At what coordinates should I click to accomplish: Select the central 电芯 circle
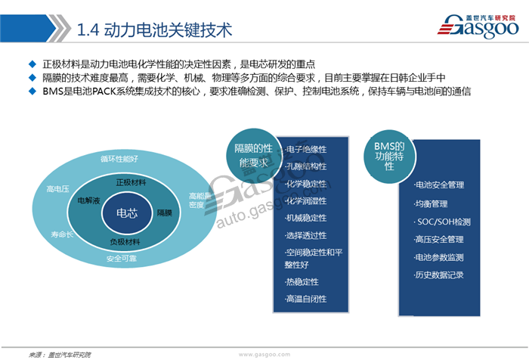pyautogui.click(x=126, y=213)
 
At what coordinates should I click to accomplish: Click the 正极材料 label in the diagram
pyautogui.click(x=131, y=183)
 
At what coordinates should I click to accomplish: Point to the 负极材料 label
pyautogui.click(x=125, y=242)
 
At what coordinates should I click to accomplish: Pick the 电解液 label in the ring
pyautogui.click(x=89, y=202)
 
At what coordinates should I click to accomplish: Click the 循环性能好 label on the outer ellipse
pyautogui.click(x=119, y=159)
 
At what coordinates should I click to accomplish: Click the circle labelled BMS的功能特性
pyautogui.click(x=388, y=154)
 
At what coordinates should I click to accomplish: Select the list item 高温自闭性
pyautogui.click(x=306, y=299)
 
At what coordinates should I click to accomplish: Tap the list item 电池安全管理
pyautogui.click(x=440, y=185)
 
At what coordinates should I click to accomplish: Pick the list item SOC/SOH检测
pyautogui.click(x=444, y=222)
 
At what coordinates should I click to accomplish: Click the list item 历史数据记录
pyautogui.click(x=440, y=275)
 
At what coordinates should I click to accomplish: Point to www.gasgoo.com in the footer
pyautogui.click(x=264, y=354)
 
